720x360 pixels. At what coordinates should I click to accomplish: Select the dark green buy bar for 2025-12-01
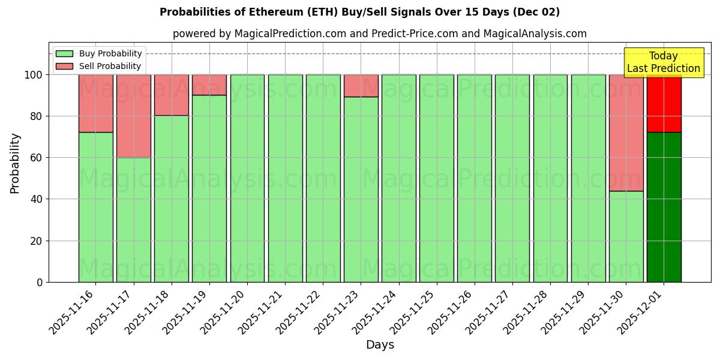(x=664, y=207)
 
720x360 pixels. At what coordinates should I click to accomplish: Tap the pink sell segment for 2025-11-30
(x=626, y=133)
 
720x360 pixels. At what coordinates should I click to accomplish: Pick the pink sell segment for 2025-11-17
(x=133, y=116)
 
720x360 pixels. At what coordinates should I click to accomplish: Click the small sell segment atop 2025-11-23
(x=361, y=86)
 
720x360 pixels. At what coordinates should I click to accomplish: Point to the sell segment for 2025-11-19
(x=209, y=85)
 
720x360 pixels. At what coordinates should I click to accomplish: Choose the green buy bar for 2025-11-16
(x=95, y=207)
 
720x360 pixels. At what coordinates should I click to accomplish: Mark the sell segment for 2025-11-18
(x=171, y=95)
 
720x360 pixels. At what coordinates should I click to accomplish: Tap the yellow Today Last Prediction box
(x=663, y=62)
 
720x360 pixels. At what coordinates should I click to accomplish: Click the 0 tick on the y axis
(x=40, y=282)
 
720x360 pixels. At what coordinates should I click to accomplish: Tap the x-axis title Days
(x=380, y=345)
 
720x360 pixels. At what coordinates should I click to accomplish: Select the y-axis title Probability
(x=15, y=163)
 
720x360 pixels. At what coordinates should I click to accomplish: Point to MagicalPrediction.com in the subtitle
(x=290, y=34)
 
